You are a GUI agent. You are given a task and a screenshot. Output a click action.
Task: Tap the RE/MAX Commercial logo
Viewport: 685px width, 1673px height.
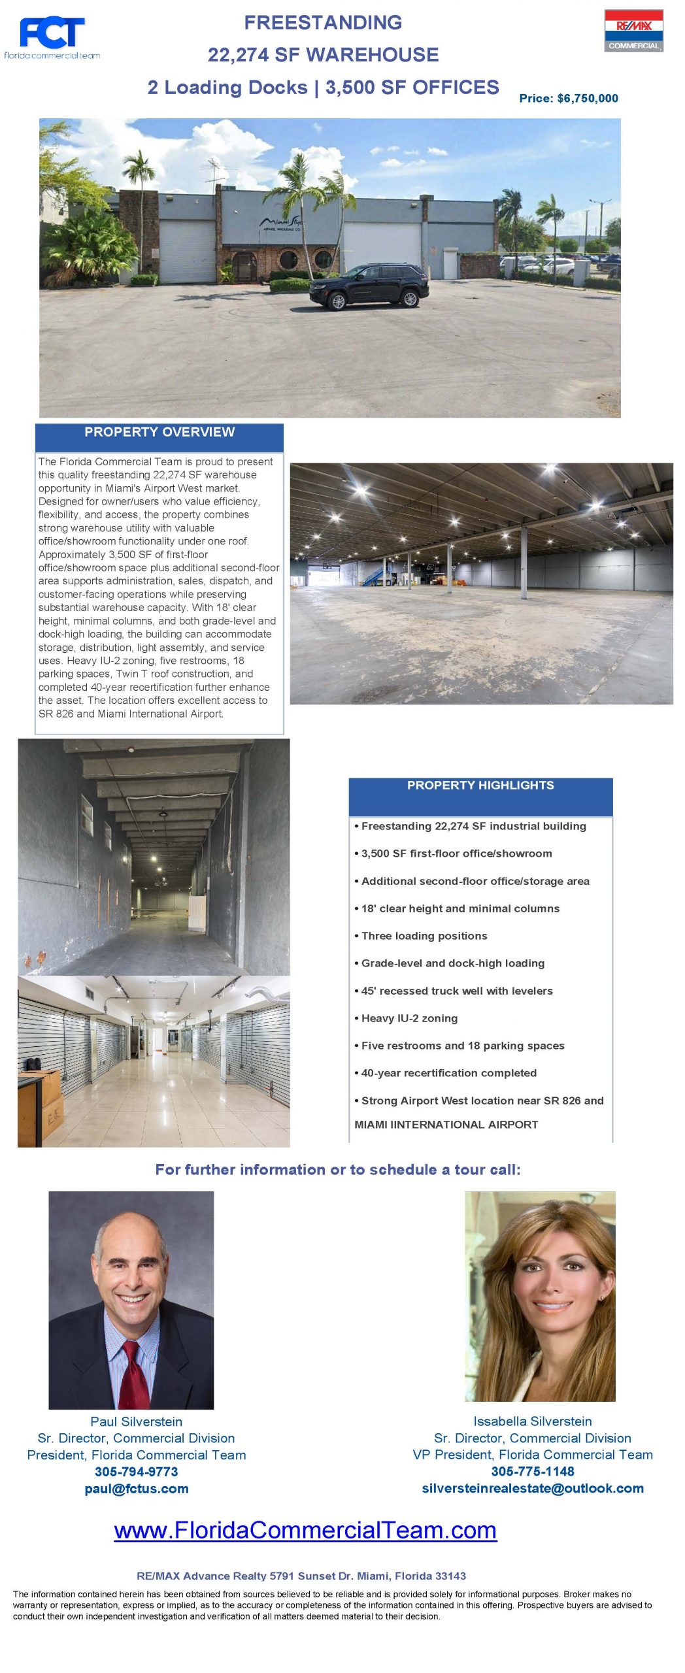633,31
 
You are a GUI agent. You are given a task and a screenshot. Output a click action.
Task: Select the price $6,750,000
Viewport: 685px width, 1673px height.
568,98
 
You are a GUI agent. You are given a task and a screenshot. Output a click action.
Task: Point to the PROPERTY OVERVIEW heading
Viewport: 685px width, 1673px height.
159,432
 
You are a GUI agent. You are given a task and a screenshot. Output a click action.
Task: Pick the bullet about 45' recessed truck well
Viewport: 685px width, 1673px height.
456,990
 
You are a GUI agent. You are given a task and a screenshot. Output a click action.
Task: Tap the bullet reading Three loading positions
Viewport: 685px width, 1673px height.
424,935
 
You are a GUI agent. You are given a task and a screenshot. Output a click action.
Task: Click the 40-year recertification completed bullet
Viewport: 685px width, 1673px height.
448,1072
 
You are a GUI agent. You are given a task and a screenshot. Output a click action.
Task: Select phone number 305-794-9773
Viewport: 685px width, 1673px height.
136,1471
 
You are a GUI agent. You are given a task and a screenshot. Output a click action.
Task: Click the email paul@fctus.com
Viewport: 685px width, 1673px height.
136,1488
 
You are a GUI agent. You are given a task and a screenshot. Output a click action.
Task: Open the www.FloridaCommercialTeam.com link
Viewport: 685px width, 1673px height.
305,1530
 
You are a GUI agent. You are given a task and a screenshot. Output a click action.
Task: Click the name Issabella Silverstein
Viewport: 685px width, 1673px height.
532,1421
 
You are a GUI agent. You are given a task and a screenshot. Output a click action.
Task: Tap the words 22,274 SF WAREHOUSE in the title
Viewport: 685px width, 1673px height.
323,55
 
